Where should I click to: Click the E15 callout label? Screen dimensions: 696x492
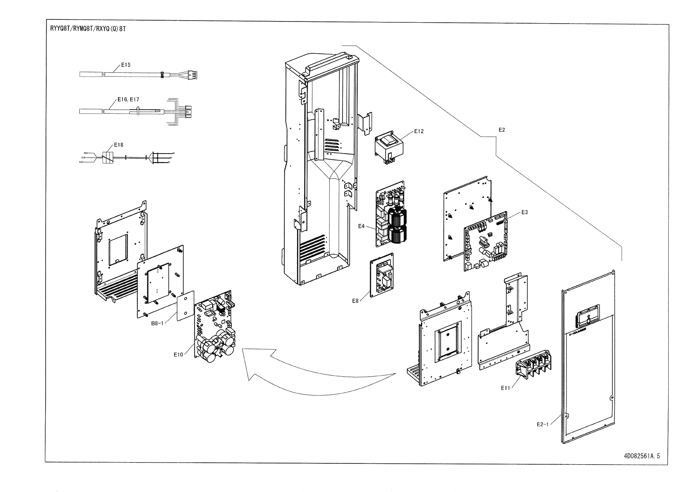[x=125, y=65]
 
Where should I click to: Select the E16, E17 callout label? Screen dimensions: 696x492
[x=128, y=99]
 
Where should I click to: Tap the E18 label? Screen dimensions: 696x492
[x=119, y=145]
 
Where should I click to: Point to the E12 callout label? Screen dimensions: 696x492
[x=419, y=131]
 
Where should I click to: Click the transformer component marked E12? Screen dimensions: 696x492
[x=389, y=149]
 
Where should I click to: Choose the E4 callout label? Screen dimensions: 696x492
[x=361, y=226]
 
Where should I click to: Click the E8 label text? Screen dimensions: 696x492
[x=355, y=301]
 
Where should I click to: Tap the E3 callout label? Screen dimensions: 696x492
[x=525, y=212]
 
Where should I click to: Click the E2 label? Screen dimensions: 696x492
[x=502, y=130]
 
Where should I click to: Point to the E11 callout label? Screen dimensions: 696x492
[x=506, y=388]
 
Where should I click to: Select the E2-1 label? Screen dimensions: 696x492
[x=543, y=424]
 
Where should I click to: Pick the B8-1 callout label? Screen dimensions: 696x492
[x=157, y=323]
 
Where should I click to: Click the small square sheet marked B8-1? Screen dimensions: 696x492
[x=185, y=306]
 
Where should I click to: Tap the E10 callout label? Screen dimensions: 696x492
[x=178, y=355]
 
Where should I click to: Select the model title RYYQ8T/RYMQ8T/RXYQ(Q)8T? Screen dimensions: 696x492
[x=88, y=29]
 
